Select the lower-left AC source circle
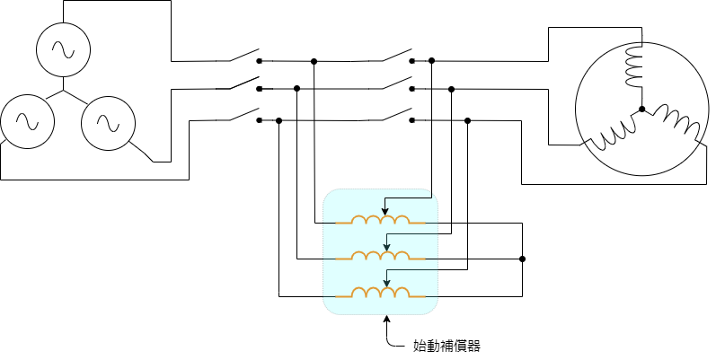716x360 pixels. pyautogui.click(x=26, y=120)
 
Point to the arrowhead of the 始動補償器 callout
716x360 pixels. pyautogui.click(x=386, y=318)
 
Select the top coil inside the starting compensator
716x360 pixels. pyautogui.click(x=381, y=221)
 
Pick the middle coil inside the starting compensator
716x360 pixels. pyautogui.click(x=381, y=258)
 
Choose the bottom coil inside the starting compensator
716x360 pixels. pyautogui.click(x=381, y=294)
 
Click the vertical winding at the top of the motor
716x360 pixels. pyautogui.click(x=635, y=66)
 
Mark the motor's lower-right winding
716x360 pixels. pyautogui.click(x=676, y=124)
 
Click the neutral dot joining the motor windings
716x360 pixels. pyautogui.click(x=641, y=110)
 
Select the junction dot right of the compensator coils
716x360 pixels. pyautogui.click(x=522, y=259)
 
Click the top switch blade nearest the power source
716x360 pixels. pyautogui.click(x=243, y=55)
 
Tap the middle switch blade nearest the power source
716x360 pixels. pyautogui.click(x=243, y=83)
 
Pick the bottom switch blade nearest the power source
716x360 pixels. pyautogui.click(x=243, y=113)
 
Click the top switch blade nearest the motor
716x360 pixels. pyautogui.click(x=395, y=55)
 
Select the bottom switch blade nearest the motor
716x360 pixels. pyautogui.click(x=395, y=113)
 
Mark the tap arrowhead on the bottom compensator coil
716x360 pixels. pyautogui.click(x=385, y=289)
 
